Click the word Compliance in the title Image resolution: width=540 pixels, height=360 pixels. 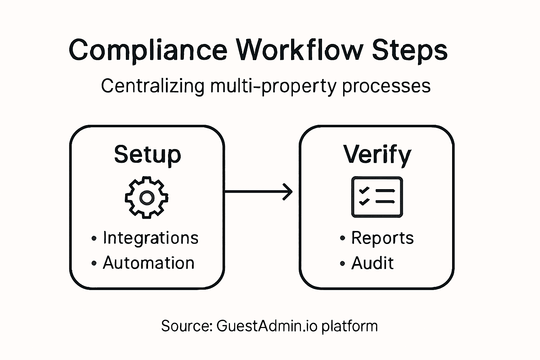(148, 50)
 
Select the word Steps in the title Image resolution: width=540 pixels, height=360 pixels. (410, 50)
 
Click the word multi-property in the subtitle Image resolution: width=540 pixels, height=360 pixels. (273, 86)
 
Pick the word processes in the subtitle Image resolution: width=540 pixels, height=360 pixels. (386, 86)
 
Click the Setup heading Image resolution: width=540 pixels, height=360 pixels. (147, 154)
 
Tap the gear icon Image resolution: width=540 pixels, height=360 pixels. (147, 198)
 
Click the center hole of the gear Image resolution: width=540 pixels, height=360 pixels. (147, 198)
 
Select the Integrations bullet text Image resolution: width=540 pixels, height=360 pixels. (150, 238)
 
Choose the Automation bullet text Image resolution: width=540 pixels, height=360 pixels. (148, 263)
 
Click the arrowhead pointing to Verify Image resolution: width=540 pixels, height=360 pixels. (289, 192)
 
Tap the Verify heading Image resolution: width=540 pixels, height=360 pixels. (377, 154)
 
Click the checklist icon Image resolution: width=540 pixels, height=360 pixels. (377, 197)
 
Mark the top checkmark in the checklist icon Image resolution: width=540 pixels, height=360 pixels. (364, 190)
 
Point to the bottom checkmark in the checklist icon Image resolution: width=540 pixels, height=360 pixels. (364, 202)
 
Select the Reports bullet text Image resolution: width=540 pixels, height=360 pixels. (382, 238)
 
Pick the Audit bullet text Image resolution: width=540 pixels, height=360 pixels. (372, 263)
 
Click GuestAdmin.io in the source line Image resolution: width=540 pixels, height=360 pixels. (267, 326)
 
